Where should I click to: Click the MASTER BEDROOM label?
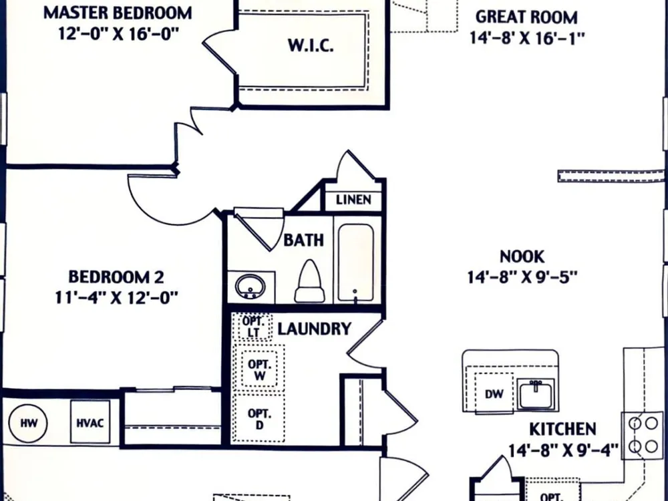[x=118, y=13]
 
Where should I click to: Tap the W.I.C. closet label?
[x=311, y=45]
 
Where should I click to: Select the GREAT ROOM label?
[x=526, y=17]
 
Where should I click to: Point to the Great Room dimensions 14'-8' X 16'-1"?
[x=527, y=38]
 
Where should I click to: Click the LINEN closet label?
[x=353, y=200]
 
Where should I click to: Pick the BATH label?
[x=304, y=240]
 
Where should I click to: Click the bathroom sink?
[x=250, y=287]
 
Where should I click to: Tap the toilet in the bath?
[x=310, y=282]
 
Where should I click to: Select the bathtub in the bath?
[x=356, y=263]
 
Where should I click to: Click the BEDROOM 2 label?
[x=116, y=277]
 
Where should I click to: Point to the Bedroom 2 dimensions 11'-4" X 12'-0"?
[x=116, y=297]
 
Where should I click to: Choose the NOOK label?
[x=522, y=257]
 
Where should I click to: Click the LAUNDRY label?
[x=315, y=329]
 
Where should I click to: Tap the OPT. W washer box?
[x=259, y=369]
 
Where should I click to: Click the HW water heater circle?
[x=28, y=423]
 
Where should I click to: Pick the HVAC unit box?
[x=90, y=422]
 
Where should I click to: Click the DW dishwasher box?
[x=494, y=393]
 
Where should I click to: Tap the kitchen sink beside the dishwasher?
[x=536, y=394]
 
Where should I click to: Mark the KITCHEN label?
[x=562, y=429]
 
